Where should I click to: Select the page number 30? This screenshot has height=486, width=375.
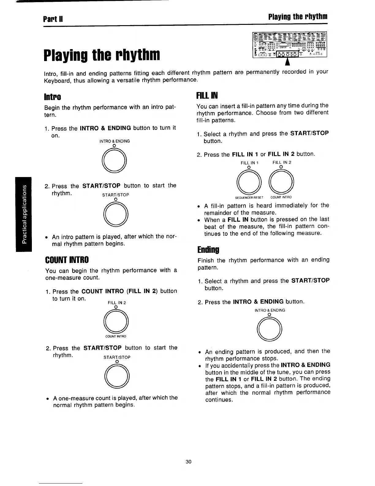[188, 461]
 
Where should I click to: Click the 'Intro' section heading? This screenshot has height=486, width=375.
[53, 97]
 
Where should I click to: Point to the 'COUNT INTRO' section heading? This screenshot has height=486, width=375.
[67, 260]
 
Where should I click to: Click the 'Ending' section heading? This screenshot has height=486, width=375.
[208, 249]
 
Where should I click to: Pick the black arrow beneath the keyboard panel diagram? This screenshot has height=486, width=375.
[287, 62]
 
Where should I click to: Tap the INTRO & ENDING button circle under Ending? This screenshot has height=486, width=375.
[270, 329]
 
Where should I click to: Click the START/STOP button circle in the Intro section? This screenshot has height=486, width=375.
[116, 214]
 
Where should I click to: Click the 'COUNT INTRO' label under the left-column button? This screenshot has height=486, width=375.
[116, 336]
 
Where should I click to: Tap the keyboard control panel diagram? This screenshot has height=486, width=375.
[289, 44]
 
